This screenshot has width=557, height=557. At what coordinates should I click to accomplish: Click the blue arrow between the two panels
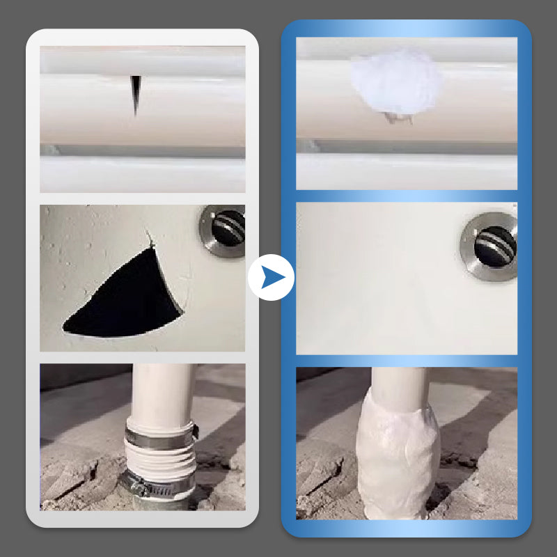[272, 278]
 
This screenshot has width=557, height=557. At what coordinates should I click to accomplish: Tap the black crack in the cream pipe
[136, 93]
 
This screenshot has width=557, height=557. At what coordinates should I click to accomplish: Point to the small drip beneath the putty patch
[398, 119]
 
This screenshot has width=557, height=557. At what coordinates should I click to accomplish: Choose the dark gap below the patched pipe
[407, 148]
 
